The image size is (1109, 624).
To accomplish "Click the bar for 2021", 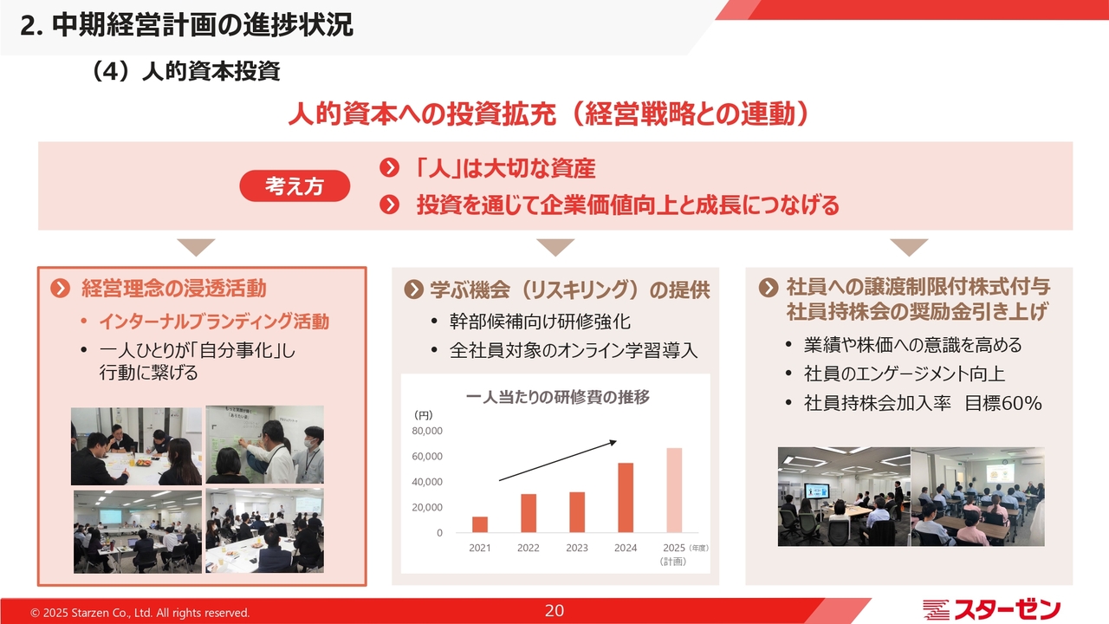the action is (480, 524).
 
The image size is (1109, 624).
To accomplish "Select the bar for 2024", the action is (626, 497).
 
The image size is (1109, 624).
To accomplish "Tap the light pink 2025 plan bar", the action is (674, 491).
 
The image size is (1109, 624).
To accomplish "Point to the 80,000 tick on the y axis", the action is (427, 431).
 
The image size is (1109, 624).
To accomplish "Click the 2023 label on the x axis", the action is (577, 548).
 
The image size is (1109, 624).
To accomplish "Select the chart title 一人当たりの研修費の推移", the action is (557, 397).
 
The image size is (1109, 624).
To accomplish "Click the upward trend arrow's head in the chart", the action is (613, 442).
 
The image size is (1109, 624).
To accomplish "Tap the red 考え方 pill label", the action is (295, 185).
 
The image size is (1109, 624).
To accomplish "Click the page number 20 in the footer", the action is (554, 611).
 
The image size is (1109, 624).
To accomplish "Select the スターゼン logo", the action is (991, 609).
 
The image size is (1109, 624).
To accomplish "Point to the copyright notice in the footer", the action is (140, 613).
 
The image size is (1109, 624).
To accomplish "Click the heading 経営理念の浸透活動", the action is (174, 289).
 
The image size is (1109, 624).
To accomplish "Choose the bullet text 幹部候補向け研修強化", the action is (540, 322).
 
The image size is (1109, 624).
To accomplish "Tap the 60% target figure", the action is (1021, 403).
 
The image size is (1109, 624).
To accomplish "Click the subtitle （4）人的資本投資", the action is (185, 71).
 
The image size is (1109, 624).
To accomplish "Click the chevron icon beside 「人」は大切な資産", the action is (389, 168).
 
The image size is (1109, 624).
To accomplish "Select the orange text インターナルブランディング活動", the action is (214, 322).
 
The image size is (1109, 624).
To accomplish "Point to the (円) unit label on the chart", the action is (424, 415).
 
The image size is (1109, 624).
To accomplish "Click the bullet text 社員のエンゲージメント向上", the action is (904, 374).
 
